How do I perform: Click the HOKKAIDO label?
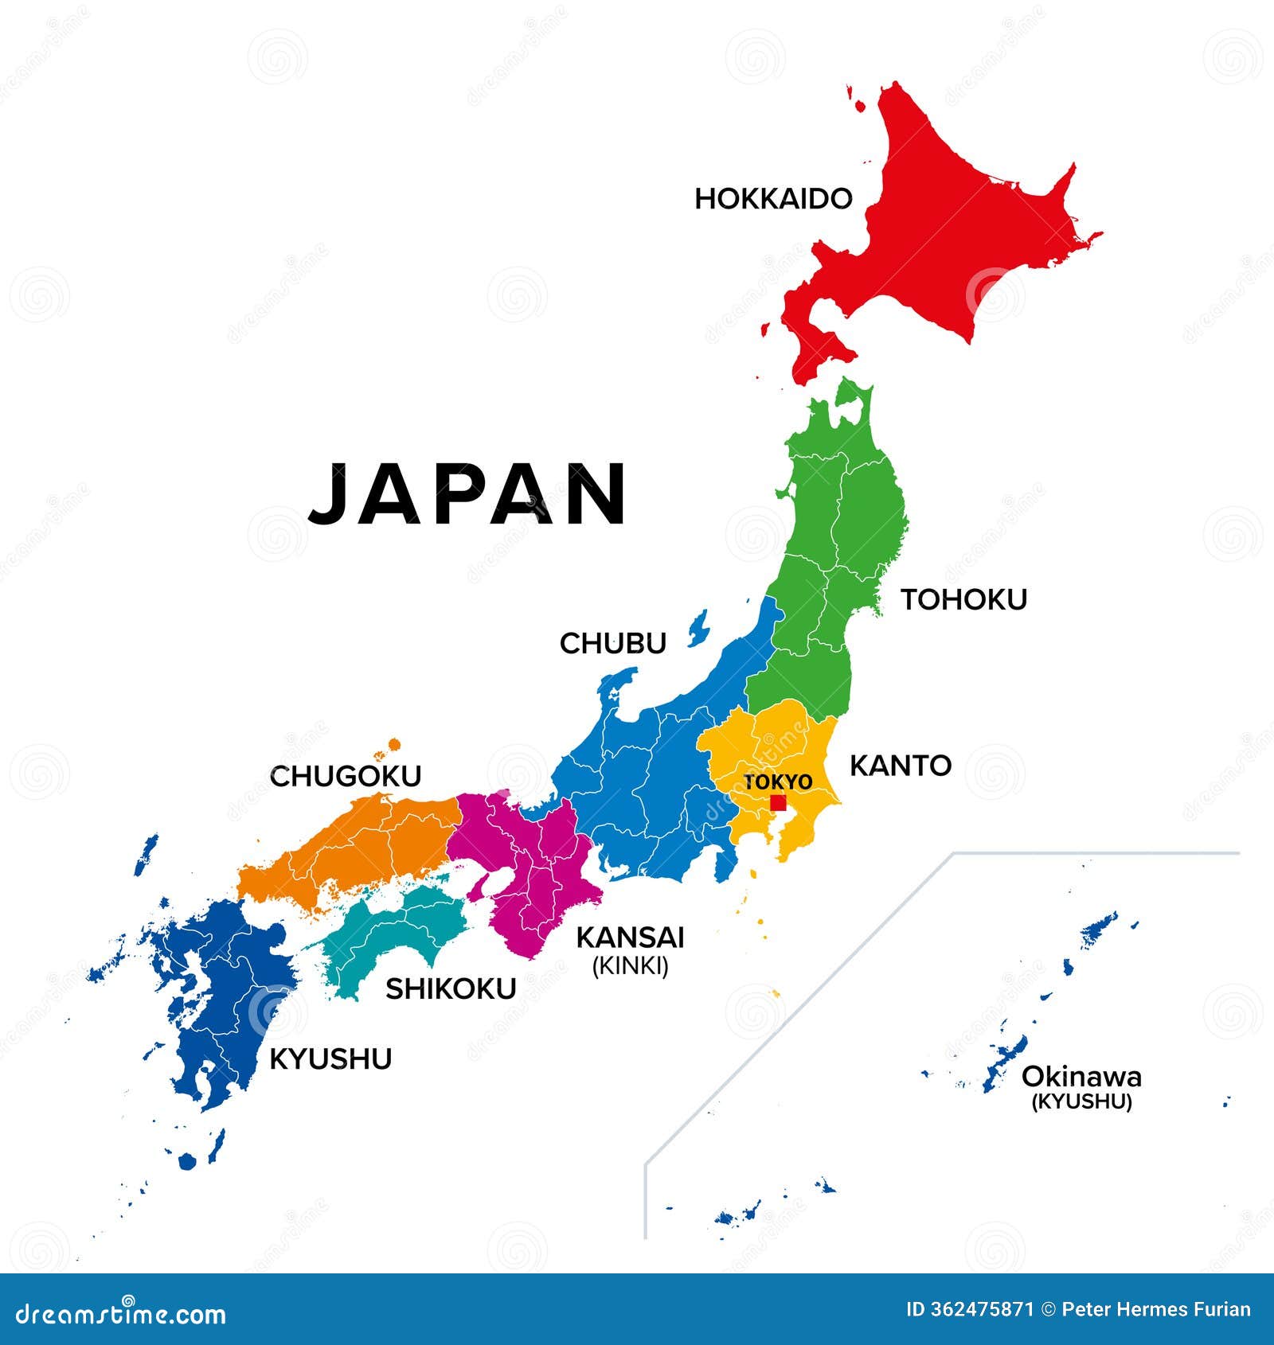pos(773,199)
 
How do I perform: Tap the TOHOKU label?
pos(963,599)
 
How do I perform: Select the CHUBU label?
pos(612,643)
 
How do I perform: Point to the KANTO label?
pos(901,766)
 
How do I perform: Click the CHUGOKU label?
pos(346,776)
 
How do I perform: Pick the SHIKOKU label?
pos(451,988)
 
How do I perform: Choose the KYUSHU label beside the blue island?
pos(330,1059)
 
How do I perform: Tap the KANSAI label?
pos(630,938)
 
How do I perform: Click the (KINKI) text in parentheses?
pos(630,966)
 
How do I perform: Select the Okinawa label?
pos(1081,1077)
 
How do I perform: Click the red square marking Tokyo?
pos(778,802)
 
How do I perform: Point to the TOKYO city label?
pos(778,782)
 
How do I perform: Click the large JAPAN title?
pos(467,494)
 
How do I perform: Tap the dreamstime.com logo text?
pos(121,1314)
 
